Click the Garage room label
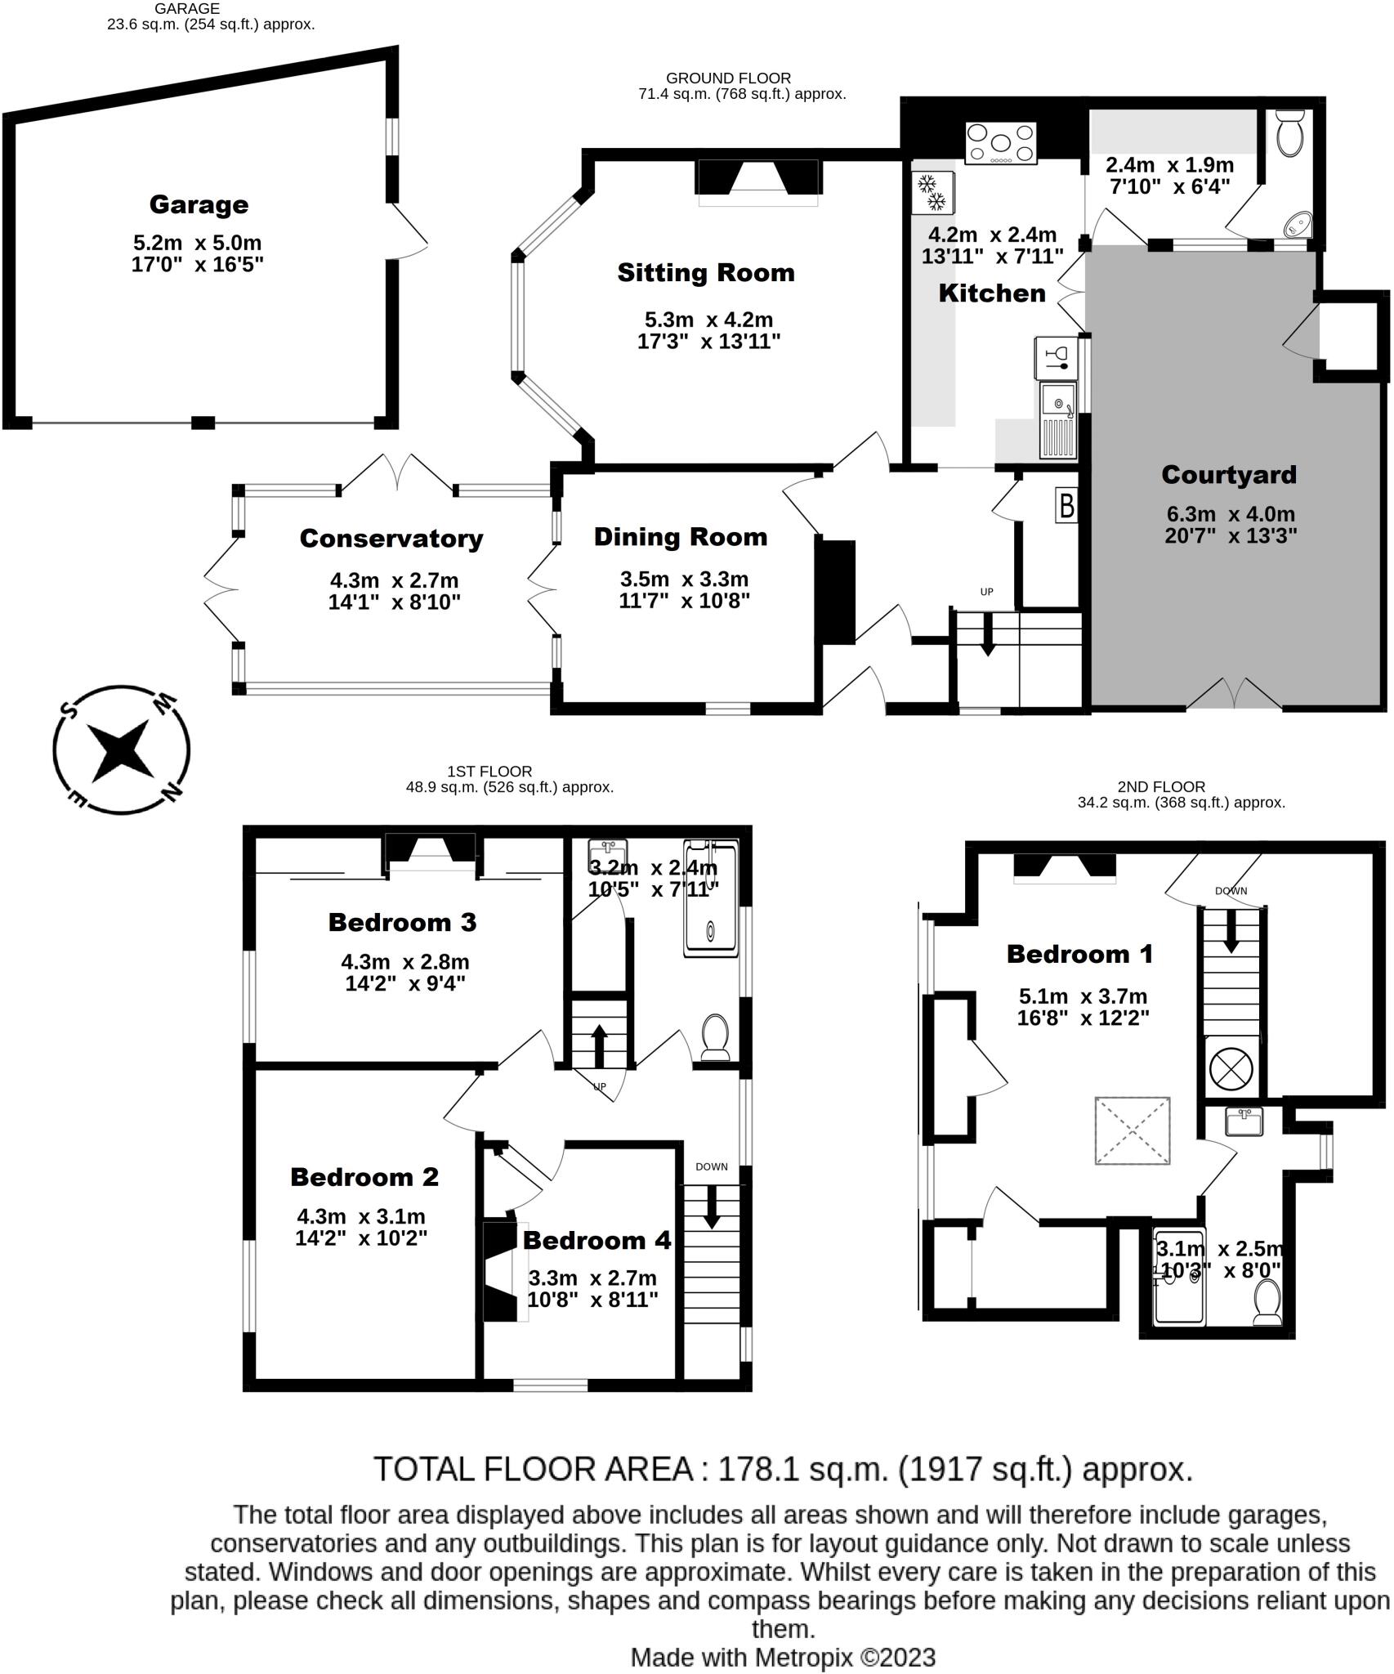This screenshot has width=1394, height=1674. (x=199, y=204)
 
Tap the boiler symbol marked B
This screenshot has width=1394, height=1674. (x=1066, y=506)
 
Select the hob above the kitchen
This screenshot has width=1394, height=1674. (x=1000, y=144)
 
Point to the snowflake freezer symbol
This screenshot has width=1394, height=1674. (x=932, y=191)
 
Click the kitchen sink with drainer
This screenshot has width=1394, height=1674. (x=1059, y=421)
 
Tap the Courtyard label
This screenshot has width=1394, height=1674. (x=1228, y=475)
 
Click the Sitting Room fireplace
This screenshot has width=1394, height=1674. (x=757, y=177)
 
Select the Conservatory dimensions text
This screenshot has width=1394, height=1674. (x=394, y=591)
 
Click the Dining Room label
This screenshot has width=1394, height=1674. (x=681, y=537)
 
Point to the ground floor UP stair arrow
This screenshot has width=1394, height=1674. (x=987, y=636)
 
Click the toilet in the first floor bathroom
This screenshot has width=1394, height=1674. (x=715, y=1037)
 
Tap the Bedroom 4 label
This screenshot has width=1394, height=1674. (x=596, y=1240)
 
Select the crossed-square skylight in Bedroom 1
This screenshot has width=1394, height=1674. (x=1132, y=1130)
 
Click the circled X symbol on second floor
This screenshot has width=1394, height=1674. (x=1231, y=1068)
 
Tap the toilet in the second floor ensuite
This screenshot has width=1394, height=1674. (x=1267, y=1303)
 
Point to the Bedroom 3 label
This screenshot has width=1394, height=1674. (x=402, y=922)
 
